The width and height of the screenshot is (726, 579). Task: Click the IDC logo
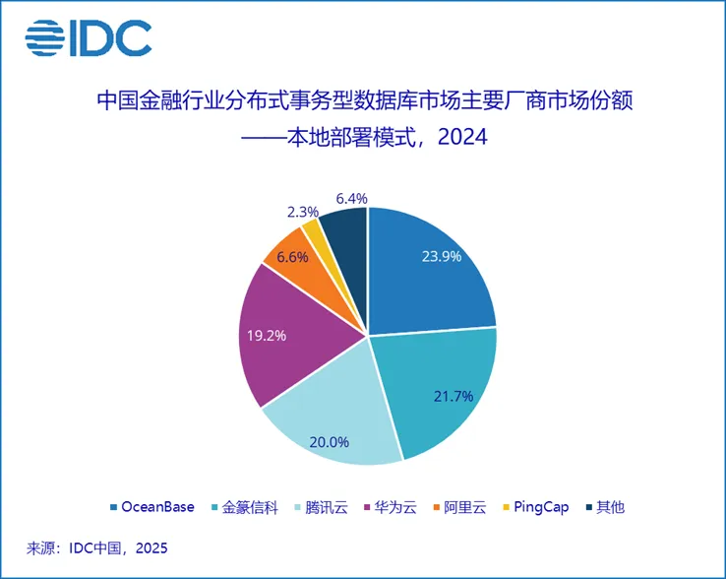click(89, 38)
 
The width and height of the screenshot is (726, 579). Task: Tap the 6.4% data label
click(351, 198)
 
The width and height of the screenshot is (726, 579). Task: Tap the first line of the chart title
click(362, 100)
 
